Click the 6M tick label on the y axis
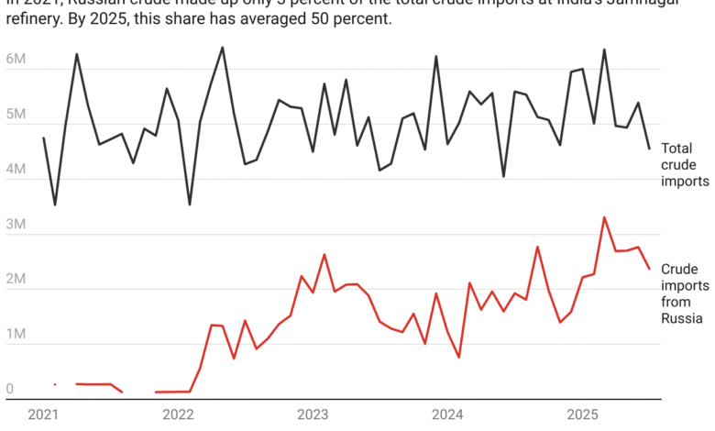[x=16, y=60]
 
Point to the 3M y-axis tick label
[x=16, y=225]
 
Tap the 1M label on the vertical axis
[x=16, y=335]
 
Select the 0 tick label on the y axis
[x=10, y=390]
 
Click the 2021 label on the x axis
[x=44, y=414]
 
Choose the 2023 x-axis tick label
[x=313, y=414]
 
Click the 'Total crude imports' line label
[x=684, y=164]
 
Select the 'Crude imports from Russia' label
[x=684, y=293]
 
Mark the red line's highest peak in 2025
[x=604, y=217]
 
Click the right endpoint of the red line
[x=650, y=269]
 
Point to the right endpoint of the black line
[x=650, y=149]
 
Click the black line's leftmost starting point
[x=43, y=138]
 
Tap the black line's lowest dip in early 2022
[x=190, y=204]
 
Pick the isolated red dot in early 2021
[x=55, y=384]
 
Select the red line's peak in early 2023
[x=324, y=254]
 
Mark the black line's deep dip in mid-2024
[x=503, y=176]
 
